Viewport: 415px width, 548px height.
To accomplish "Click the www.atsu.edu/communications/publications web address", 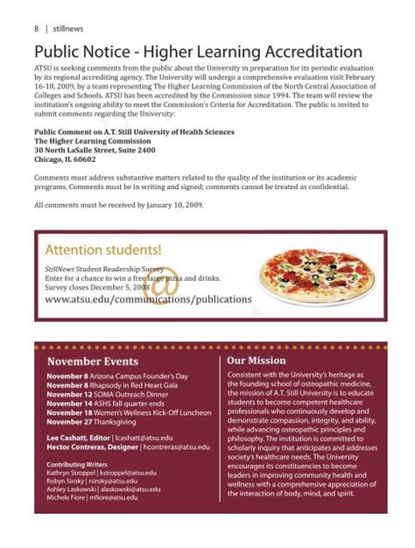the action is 148,299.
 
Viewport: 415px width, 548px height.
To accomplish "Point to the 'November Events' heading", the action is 92,361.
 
